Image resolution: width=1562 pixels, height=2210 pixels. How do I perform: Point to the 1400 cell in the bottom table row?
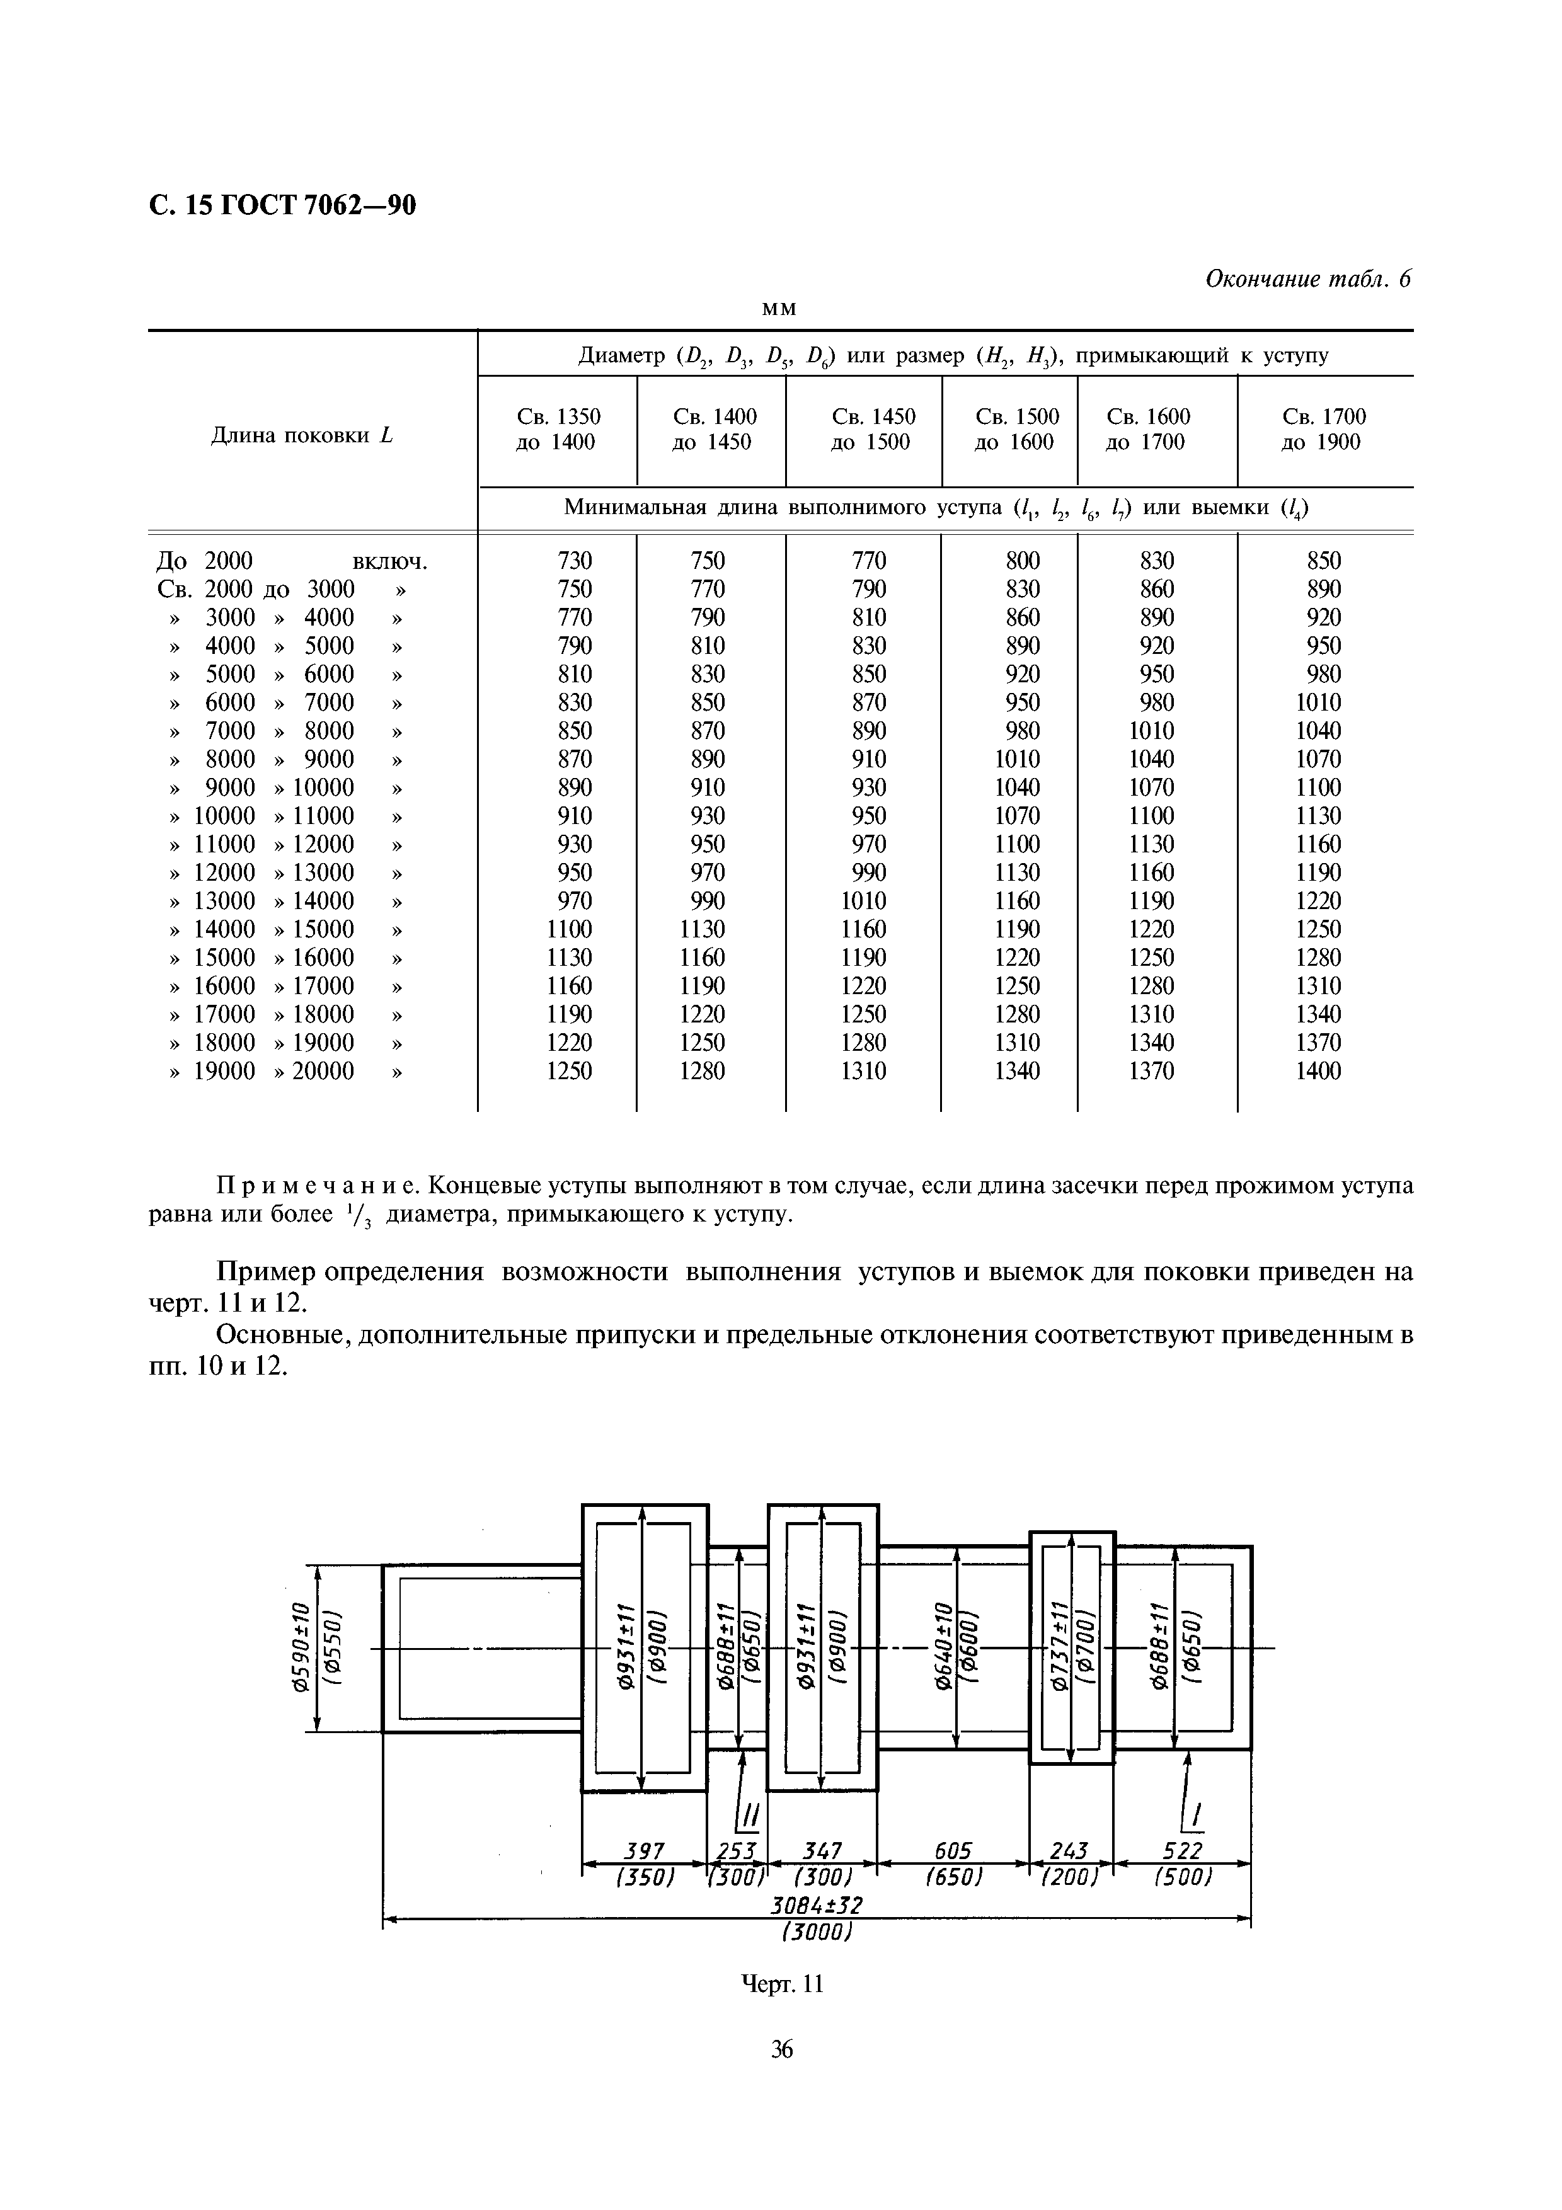click(x=1318, y=1070)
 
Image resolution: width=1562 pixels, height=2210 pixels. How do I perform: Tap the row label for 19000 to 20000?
click(x=285, y=1070)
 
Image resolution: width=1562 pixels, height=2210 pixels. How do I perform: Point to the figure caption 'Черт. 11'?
click(x=781, y=1984)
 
